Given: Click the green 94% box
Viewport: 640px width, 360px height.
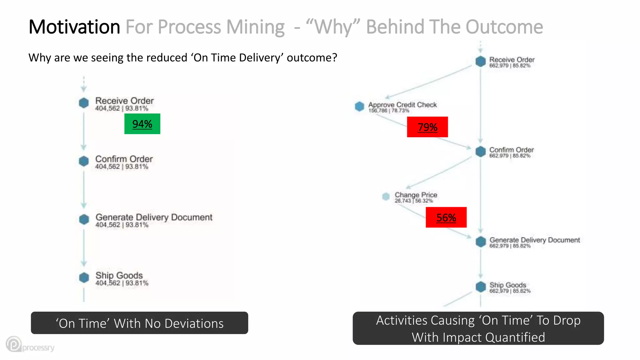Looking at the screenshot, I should coord(142,124).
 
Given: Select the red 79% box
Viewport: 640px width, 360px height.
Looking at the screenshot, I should coord(427,127).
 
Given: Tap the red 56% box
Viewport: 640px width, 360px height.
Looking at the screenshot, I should coord(446,217).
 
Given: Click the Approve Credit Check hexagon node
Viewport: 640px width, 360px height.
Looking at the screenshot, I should coord(359,107).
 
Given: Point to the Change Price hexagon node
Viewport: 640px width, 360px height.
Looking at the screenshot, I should coord(386,197).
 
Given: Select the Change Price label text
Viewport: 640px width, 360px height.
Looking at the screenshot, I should coord(416,195).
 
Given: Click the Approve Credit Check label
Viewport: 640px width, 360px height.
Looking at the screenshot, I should coord(402,105).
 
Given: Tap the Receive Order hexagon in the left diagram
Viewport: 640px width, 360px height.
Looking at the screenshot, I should coord(84,103).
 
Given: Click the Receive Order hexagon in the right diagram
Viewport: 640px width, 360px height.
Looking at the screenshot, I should coord(480,61).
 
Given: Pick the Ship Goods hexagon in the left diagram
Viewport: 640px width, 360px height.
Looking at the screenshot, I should coord(84,277).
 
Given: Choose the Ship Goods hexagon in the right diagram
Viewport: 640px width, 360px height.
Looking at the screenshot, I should coord(481,287).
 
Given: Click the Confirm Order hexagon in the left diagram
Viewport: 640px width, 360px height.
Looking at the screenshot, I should coord(84,161).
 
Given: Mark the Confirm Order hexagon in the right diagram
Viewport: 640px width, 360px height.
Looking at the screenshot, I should coord(480,152).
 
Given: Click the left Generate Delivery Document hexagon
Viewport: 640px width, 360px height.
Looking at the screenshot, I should coord(84,219).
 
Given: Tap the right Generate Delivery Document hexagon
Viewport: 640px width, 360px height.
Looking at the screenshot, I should coord(481,242).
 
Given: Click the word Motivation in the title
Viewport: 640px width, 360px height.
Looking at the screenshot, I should coord(74,27).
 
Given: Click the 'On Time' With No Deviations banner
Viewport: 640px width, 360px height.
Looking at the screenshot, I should coord(139,323).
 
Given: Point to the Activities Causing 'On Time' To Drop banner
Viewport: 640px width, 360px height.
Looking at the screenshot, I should coord(478,328).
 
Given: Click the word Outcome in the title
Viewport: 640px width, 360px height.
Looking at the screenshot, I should coord(504,27).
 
